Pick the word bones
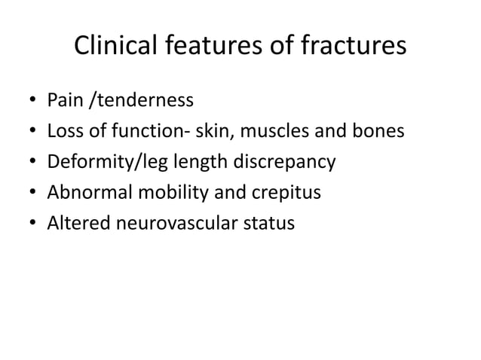[381, 131]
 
